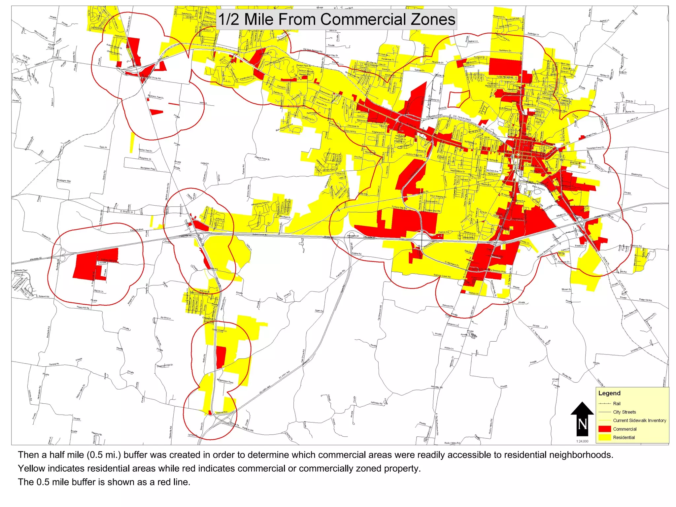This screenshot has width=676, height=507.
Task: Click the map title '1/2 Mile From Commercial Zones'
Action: (x=337, y=19)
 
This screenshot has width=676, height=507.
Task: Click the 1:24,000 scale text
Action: (x=582, y=441)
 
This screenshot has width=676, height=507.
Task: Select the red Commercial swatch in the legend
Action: (x=604, y=429)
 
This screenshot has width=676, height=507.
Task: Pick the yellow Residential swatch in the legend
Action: (x=604, y=437)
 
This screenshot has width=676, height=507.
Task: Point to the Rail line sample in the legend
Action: (x=604, y=403)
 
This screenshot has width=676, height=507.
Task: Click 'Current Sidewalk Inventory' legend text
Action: (x=639, y=421)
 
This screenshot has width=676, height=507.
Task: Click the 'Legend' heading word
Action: (x=609, y=393)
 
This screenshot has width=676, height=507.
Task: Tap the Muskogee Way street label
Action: (x=64, y=181)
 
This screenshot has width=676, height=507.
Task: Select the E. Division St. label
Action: (x=126, y=212)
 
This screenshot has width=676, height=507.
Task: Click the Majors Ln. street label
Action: (x=99, y=291)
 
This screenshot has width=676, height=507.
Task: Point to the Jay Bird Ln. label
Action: (x=166, y=318)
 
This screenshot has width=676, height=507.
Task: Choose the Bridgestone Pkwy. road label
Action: (x=225, y=381)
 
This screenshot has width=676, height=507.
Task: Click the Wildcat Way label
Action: (x=221, y=412)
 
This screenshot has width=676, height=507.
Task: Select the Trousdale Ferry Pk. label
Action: (x=595, y=148)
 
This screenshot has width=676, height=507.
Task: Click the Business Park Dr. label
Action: (x=156, y=97)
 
